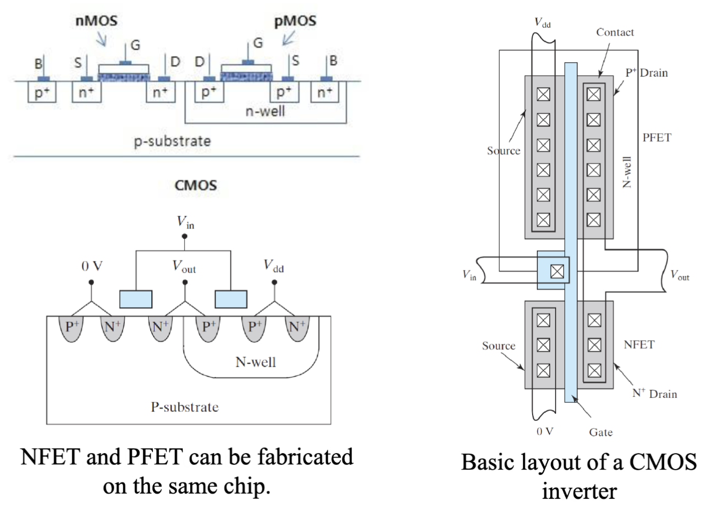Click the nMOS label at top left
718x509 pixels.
tap(96, 21)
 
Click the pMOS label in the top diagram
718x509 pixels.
tap(295, 21)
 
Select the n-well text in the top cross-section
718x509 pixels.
tap(265, 111)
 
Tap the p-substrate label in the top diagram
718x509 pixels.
tap(172, 141)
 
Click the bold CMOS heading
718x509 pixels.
tap(195, 185)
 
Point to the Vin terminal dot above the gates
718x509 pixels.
tap(184, 236)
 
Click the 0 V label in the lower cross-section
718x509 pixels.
tap(91, 266)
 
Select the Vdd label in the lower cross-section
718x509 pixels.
tap(273, 266)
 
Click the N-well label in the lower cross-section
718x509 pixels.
tap(255, 362)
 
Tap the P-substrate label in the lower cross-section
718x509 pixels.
tap(184, 407)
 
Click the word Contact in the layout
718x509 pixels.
tap(615, 32)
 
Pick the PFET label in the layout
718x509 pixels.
tap(657, 138)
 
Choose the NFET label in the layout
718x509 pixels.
tap(639, 345)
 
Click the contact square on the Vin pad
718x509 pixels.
tap(557, 272)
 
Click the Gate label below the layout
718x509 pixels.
tap(601, 432)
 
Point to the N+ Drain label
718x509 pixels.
tap(654, 394)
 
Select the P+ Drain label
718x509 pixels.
tap(646, 73)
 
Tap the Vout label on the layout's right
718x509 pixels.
tap(679, 275)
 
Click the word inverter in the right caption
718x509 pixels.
tap(579, 491)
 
